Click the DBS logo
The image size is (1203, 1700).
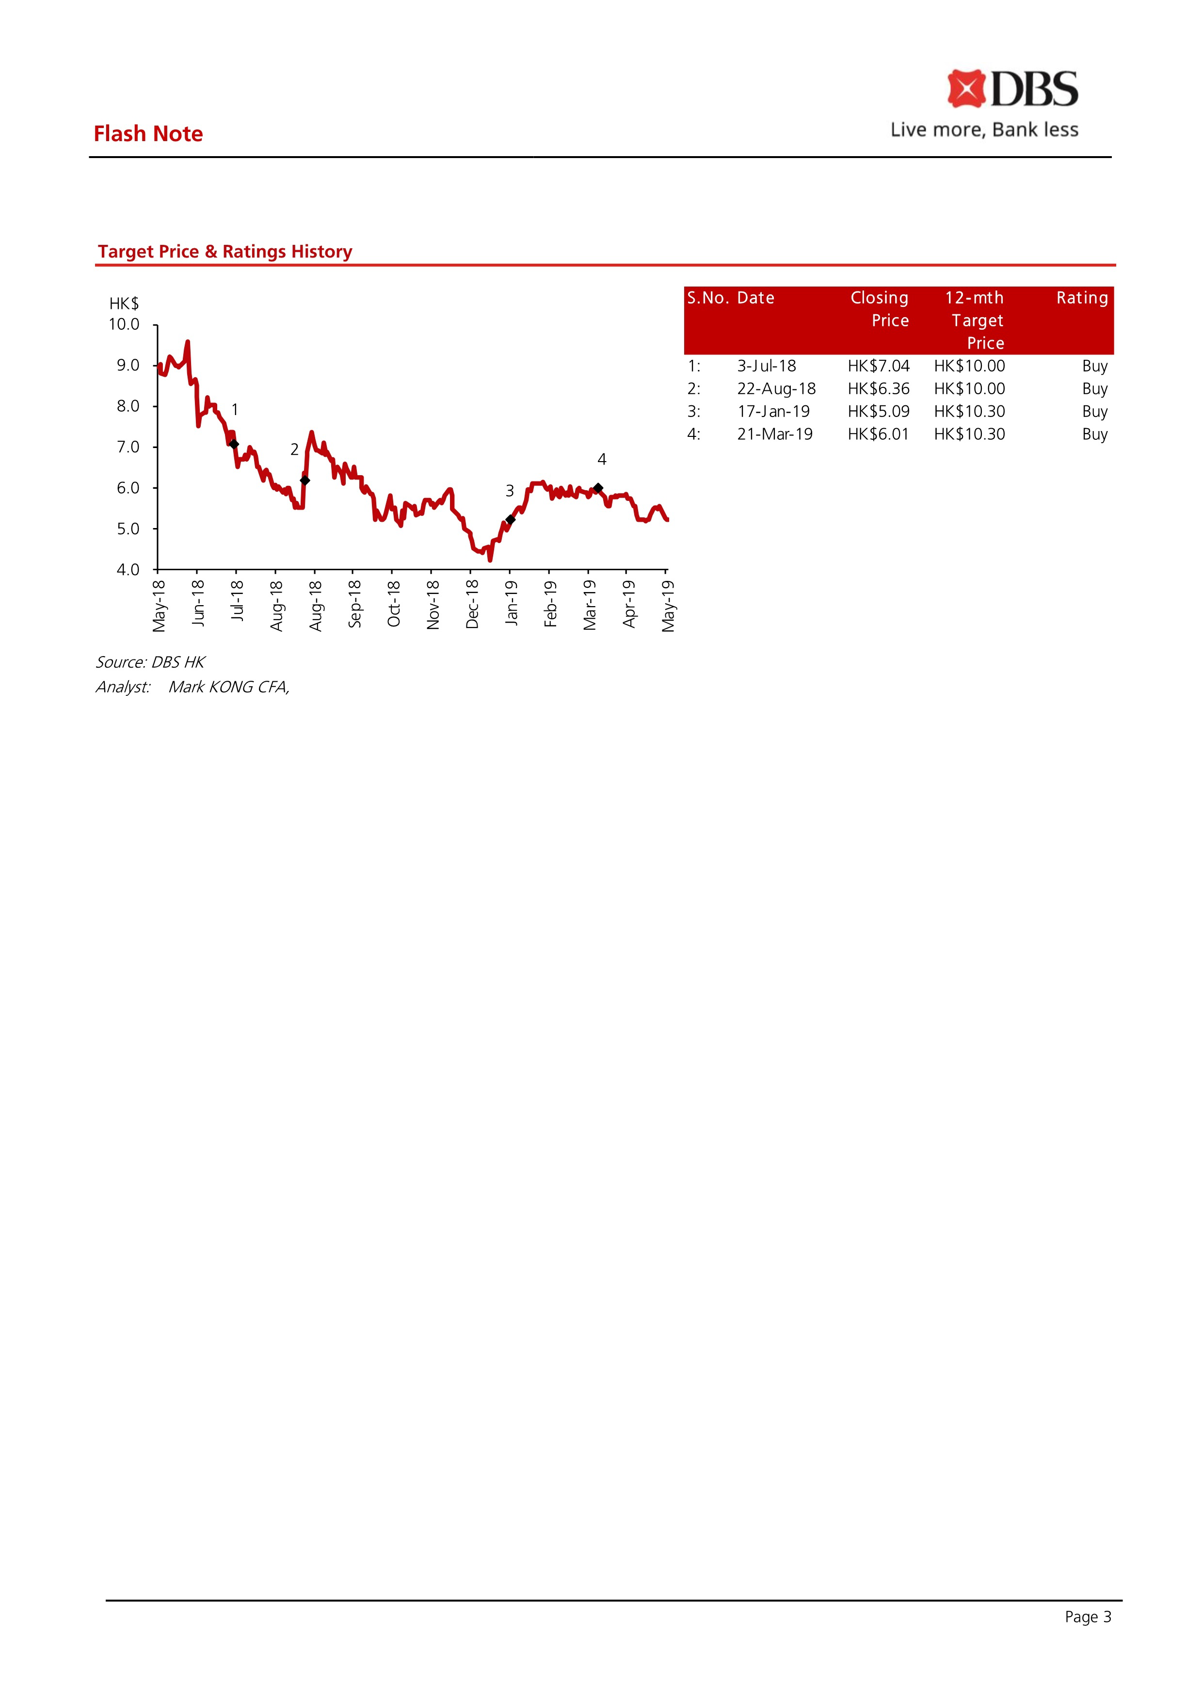click(x=1012, y=89)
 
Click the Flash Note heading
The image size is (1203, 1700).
click(x=148, y=134)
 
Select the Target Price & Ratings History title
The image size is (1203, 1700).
click(x=225, y=252)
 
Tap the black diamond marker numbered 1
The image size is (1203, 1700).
click(x=234, y=445)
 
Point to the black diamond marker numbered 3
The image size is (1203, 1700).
click(x=511, y=519)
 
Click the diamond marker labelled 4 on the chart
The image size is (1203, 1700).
click(x=598, y=488)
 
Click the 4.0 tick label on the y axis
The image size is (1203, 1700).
click(x=128, y=570)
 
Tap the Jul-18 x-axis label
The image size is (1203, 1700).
click(x=237, y=601)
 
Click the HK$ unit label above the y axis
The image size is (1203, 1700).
click(x=124, y=304)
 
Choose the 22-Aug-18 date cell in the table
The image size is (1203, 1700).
click(x=776, y=389)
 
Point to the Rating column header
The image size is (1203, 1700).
click(x=1081, y=298)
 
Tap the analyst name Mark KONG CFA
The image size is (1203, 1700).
click(x=228, y=688)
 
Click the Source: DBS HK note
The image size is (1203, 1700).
click(x=150, y=662)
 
